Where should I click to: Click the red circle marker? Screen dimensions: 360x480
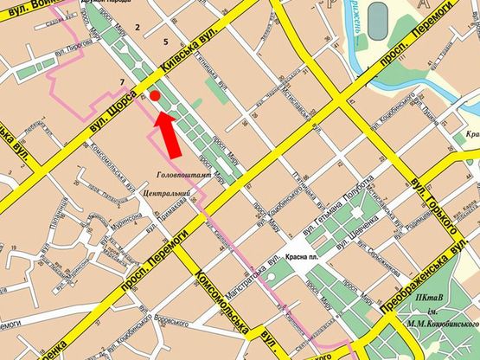coord(155,96)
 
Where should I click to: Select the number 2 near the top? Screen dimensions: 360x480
coord(137,29)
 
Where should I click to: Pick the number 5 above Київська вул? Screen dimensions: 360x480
coord(164,42)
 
